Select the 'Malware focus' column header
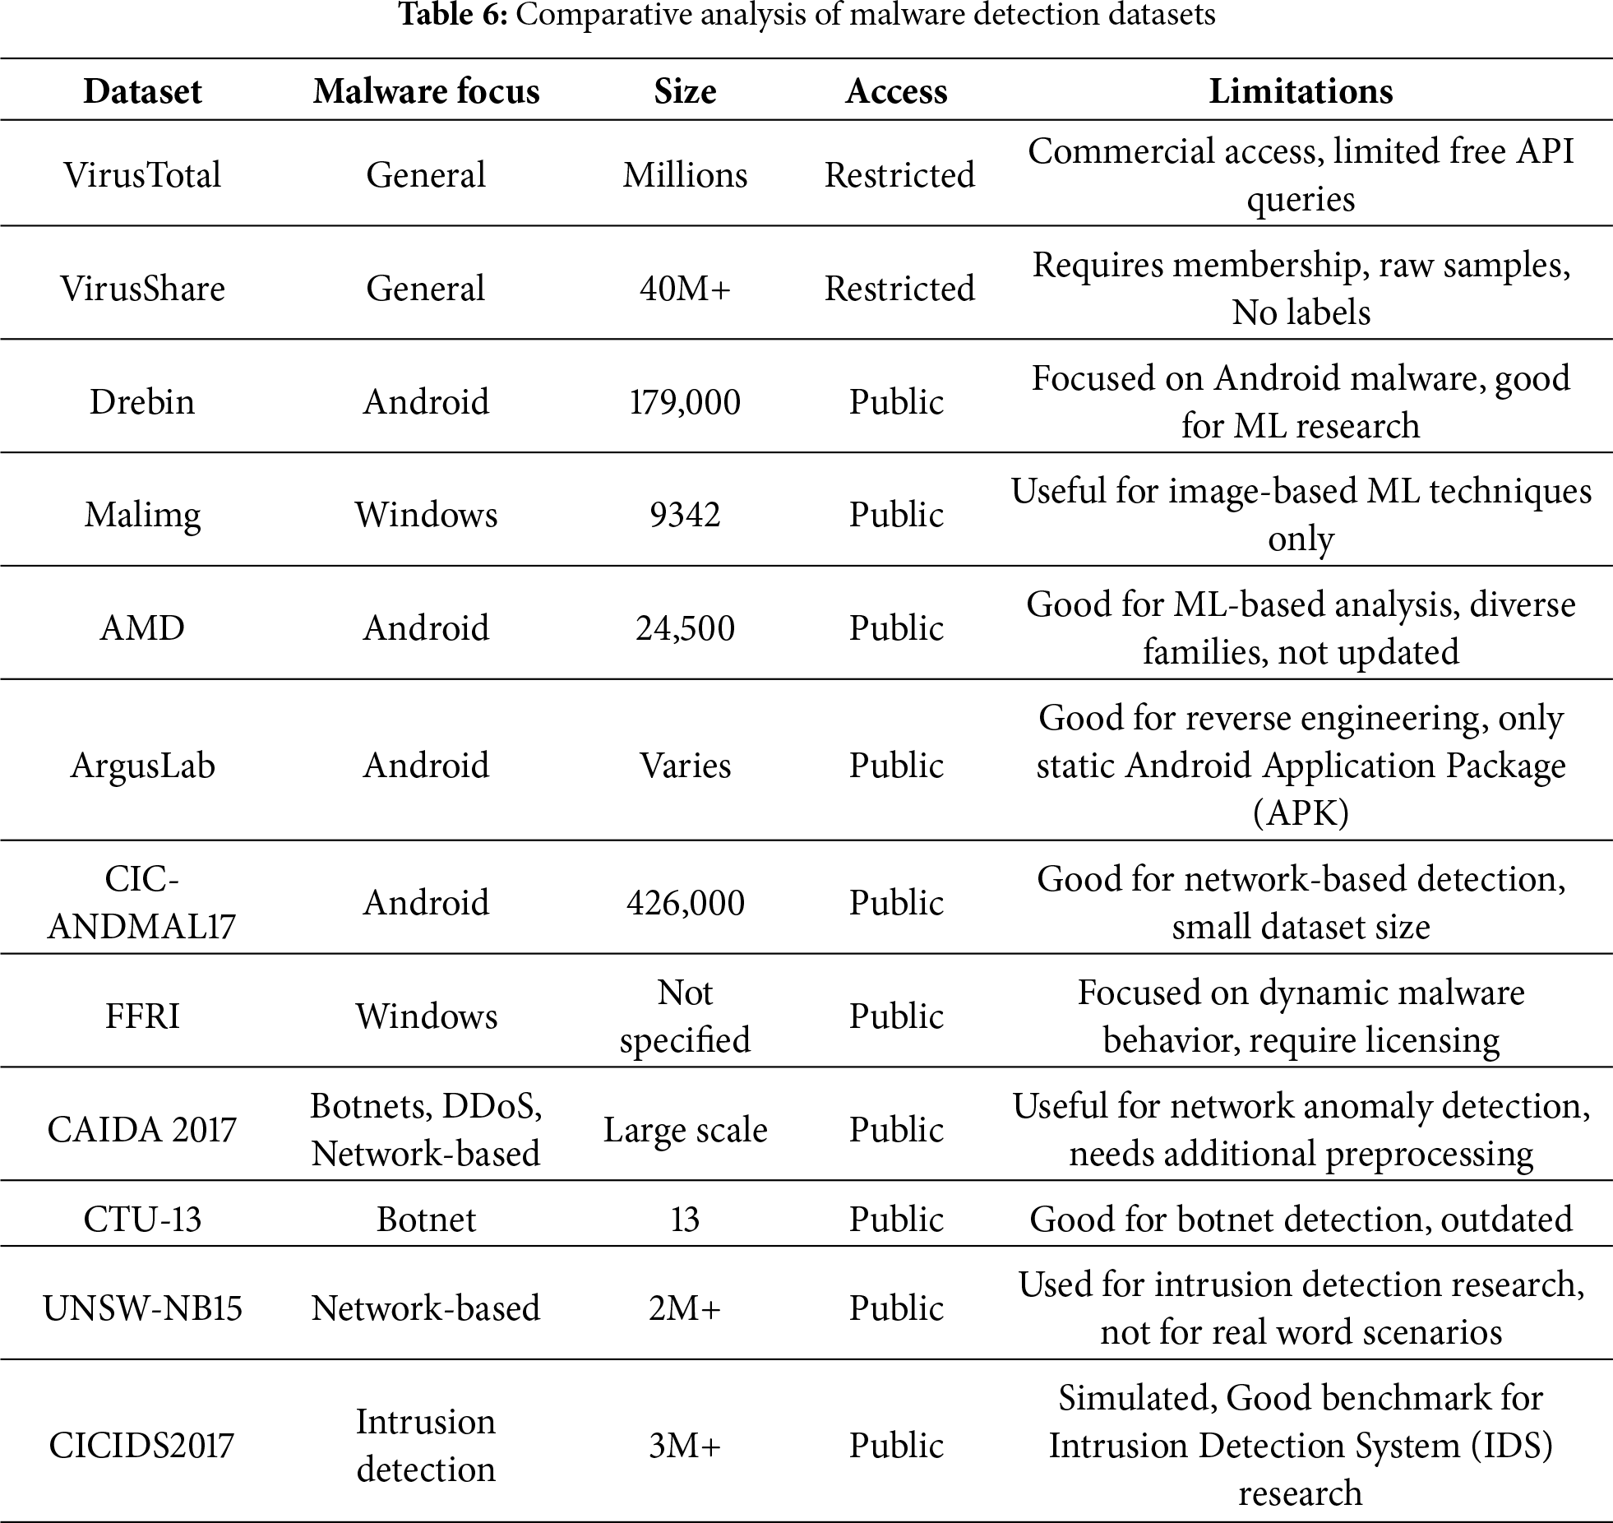click(x=426, y=91)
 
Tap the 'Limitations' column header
click(x=1301, y=91)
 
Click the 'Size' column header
click(x=685, y=91)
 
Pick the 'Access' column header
click(x=896, y=91)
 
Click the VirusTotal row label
click(x=142, y=175)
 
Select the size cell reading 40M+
click(x=685, y=289)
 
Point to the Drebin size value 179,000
click(x=685, y=402)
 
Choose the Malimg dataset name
click(x=142, y=516)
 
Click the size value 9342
click(x=685, y=516)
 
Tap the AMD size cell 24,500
click(x=685, y=628)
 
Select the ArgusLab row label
click(x=142, y=766)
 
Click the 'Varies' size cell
click(x=685, y=766)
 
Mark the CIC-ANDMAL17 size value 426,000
click(x=685, y=903)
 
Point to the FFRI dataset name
click(x=142, y=1016)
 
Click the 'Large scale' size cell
click(x=685, y=1130)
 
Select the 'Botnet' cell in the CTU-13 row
click(x=426, y=1220)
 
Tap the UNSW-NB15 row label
click(x=142, y=1308)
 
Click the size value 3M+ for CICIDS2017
click(x=685, y=1446)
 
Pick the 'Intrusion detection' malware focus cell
click(x=426, y=1446)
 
